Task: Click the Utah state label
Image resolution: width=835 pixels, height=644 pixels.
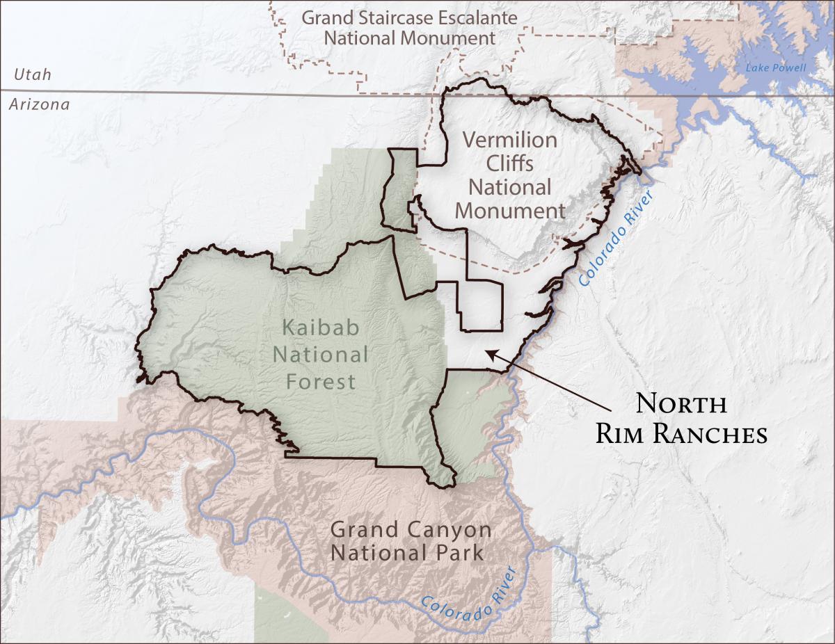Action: [x=32, y=74]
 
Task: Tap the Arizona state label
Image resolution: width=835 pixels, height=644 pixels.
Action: [x=39, y=105]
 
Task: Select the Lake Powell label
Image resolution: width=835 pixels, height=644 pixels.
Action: [x=775, y=68]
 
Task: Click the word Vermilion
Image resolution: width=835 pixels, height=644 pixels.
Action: [x=510, y=140]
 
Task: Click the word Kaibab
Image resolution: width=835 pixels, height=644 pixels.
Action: [x=320, y=328]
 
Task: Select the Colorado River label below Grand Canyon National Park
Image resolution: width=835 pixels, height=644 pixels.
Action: [x=470, y=595]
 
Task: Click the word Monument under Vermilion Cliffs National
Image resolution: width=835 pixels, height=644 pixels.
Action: [x=510, y=210]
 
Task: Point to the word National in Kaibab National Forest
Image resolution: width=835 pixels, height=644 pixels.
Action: [x=320, y=355]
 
